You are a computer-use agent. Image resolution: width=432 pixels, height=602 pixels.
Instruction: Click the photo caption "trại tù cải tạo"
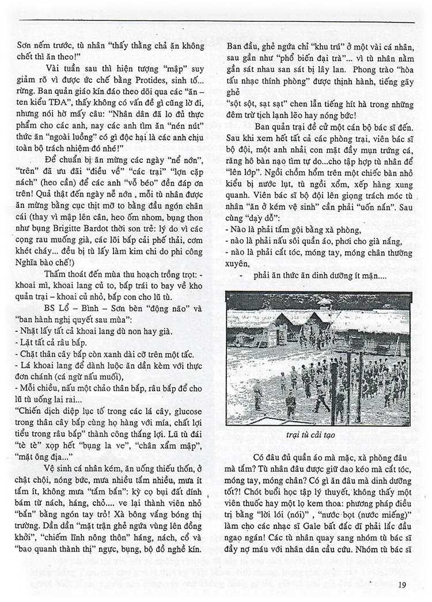[x=319, y=436]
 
